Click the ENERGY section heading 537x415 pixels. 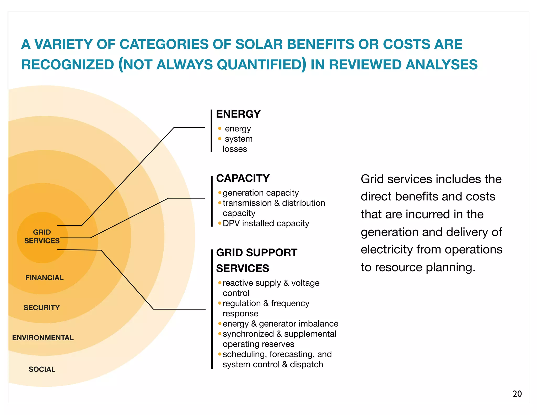[x=238, y=114]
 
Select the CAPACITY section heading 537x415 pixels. [x=243, y=178]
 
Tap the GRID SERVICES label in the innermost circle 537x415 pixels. [x=42, y=236]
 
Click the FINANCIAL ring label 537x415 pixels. [x=44, y=278]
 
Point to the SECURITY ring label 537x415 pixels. [x=42, y=307]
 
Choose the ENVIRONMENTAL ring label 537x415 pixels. [x=43, y=338]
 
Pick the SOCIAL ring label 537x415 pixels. [x=42, y=369]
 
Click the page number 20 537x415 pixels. [x=517, y=394]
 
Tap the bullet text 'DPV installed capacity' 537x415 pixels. [x=266, y=224]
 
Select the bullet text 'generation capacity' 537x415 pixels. [x=260, y=193]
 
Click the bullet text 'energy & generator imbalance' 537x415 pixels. [x=280, y=324]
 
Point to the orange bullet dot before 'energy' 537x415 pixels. [x=220, y=129]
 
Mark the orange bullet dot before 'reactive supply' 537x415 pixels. [x=220, y=283]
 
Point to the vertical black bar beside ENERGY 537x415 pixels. [x=211, y=131]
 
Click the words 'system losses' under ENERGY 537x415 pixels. [x=237, y=144]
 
